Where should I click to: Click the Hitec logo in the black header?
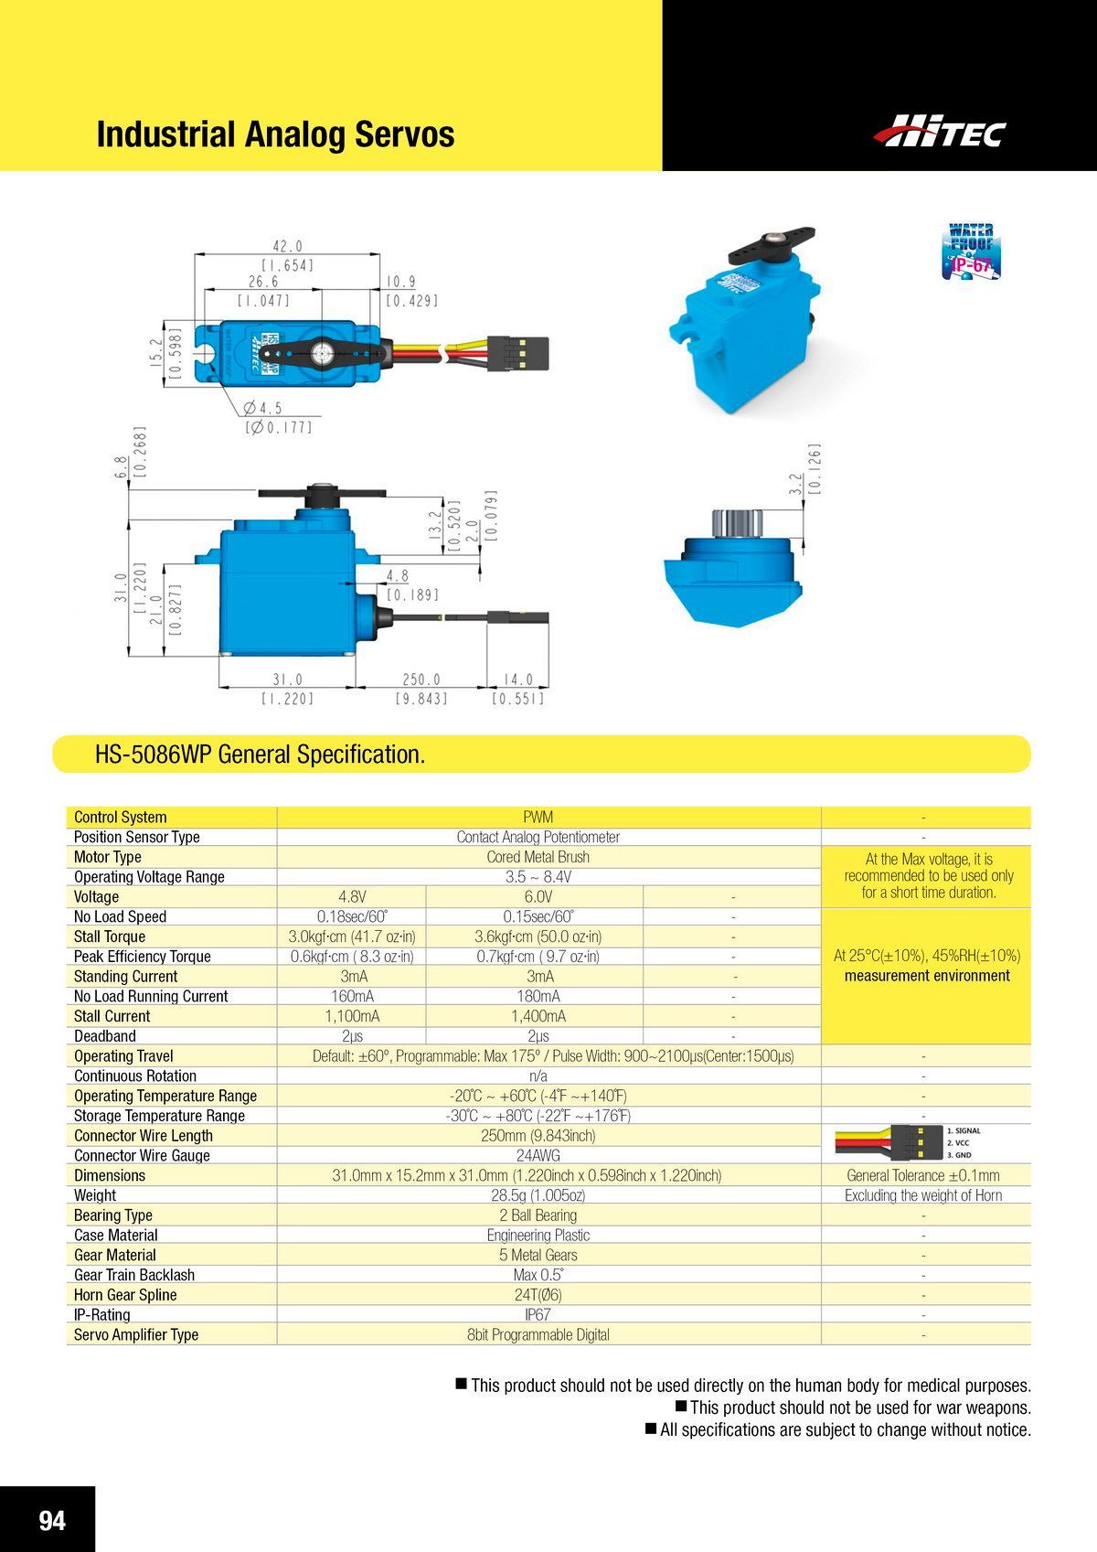(x=939, y=132)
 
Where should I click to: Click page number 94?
(x=52, y=1520)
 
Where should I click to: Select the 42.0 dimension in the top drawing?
(x=287, y=246)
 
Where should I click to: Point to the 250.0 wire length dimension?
(x=421, y=680)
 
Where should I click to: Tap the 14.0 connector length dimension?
(x=517, y=680)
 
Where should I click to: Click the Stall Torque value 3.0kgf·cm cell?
(x=352, y=937)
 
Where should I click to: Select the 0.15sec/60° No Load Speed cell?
(x=538, y=916)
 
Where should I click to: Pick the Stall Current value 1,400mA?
(x=538, y=1016)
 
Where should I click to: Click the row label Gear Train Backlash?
(x=134, y=1275)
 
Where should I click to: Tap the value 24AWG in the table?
(x=538, y=1155)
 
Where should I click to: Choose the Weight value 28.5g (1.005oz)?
(x=538, y=1195)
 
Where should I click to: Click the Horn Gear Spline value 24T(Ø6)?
(x=538, y=1295)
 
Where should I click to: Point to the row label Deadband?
(x=105, y=1036)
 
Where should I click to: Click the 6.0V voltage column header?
(x=538, y=896)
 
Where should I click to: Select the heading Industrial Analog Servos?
(x=275, y=134)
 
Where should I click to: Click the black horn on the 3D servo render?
(x=770, y=242)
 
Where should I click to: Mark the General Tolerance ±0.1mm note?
(x=923, y=1175)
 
